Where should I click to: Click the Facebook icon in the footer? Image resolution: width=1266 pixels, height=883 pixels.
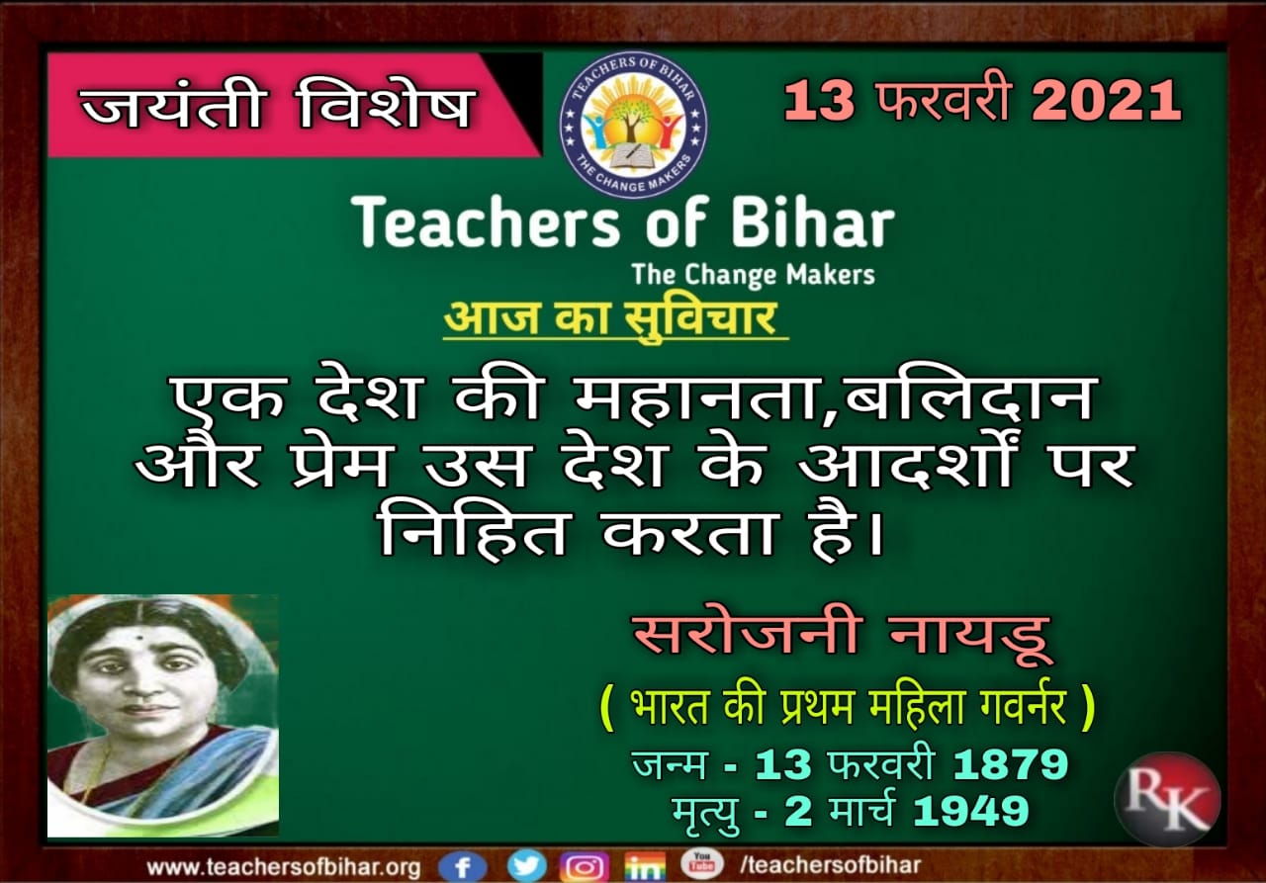point(462,866)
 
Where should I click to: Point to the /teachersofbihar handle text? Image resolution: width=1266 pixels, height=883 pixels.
point(831,865)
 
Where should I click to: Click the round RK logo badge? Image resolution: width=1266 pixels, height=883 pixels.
point(1167,799)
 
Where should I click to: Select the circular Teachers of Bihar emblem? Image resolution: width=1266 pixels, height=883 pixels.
point(633,125)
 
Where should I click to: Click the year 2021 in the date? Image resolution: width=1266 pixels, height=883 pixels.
point(1106,101)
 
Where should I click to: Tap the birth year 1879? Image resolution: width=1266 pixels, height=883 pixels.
point(1011,765)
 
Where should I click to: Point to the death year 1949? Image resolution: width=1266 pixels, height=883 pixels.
point(971,811)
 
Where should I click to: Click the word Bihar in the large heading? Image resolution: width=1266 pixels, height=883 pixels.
point(813,223)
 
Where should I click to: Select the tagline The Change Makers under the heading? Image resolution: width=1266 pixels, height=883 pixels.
point(754,275)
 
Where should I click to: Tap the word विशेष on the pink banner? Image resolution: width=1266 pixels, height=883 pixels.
point(386,105)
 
